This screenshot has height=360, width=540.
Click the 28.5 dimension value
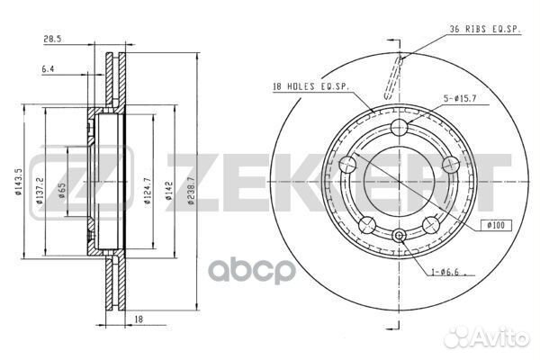pyautogui.click(x=52, y=39)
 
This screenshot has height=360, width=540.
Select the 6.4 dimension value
pyautogui.click(x=48, y=69)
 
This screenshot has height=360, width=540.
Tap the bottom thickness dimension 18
pyautogui.click(x=139, y=319)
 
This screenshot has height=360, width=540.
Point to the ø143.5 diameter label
pyautogui.click(x=18, y=181)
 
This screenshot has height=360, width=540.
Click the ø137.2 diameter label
pyautogui.click(x=40, y=191)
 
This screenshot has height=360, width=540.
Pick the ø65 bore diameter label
pyautogui.click(x=62, y=191)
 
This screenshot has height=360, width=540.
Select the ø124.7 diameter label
pyautogui.click(x=148, y=191)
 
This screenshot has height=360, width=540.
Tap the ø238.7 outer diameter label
pyautogui.click(x=192, y=191)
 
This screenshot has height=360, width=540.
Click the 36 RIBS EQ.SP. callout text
pyautogui.click(x=485, y=29)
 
